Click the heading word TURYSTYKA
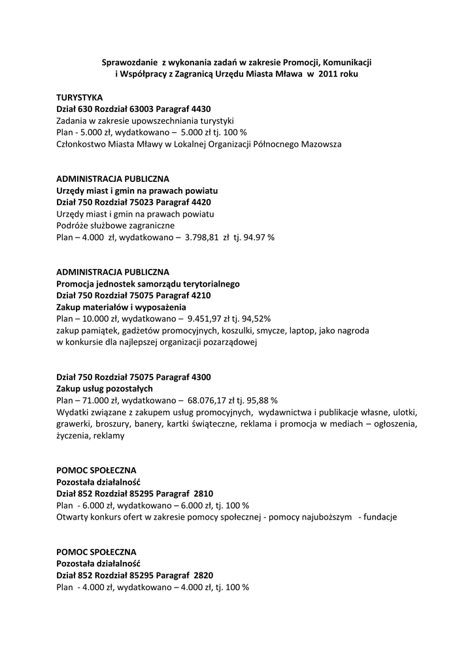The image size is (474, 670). tap(80, 97)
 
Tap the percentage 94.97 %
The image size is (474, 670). tap(258, 238)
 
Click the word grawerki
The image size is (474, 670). tap(73, 424)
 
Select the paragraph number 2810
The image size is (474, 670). tap(199, 493)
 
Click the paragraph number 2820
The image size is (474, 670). tap(199, 575)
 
